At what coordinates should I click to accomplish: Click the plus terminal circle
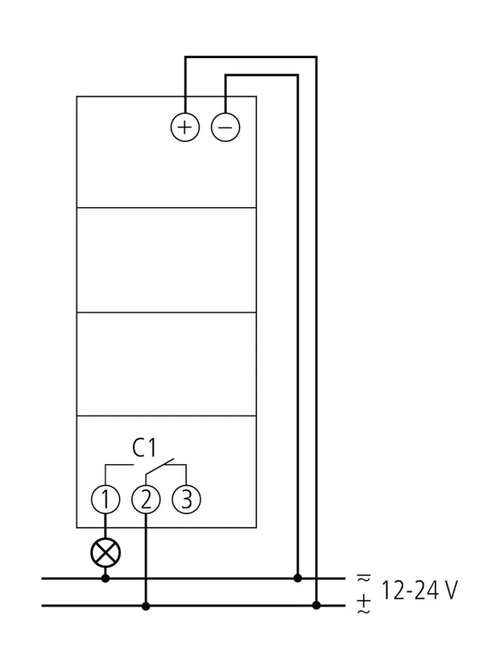[x=185, y=127]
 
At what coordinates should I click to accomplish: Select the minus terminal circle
[x=226, y=127]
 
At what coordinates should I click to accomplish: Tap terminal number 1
[x=105, y=499]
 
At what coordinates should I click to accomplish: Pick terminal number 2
[x=145, y=499]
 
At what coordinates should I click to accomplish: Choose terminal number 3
[x=186, y=499]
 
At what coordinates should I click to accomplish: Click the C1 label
[x=145, y=448]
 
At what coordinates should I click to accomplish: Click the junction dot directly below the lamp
[x=105, y=578]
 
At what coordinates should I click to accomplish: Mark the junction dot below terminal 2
[x=145, y=605]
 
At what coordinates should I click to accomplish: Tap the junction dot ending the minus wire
[x=297, y=578]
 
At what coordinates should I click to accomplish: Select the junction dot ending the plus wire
[x=316, y=605]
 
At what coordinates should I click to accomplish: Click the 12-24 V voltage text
[x=419, y=591]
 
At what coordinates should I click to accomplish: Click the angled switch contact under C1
[x=159, y=469]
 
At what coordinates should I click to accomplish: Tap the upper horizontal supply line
[x=208, y=578]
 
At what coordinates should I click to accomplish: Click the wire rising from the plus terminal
[x=185, y=83]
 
